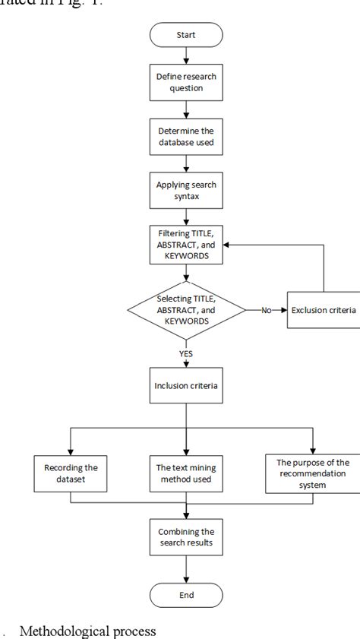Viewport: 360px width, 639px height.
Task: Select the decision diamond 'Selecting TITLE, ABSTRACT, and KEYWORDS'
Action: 186,310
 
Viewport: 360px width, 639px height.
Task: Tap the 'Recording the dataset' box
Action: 70,472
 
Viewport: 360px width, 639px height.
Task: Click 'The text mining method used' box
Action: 186,472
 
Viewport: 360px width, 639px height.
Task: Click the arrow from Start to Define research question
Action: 186,57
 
